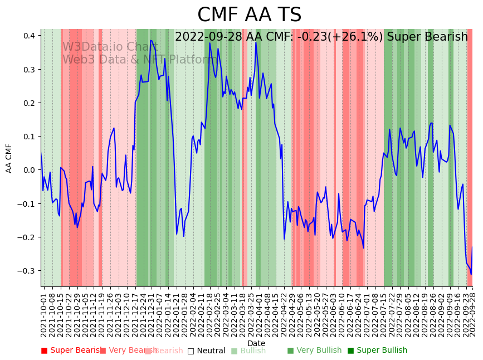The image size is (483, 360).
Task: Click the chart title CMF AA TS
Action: click(249, 15)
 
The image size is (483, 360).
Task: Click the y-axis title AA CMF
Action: click(9, 158)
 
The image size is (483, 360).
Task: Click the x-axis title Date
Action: click(256, 343)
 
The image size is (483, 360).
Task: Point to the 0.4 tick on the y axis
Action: click(28, 36)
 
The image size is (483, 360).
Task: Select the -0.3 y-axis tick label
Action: click(27, 271)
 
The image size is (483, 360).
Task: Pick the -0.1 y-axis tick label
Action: click(27, 204)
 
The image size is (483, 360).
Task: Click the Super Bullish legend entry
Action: click(382, 351)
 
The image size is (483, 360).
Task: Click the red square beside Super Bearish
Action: click(45, 351)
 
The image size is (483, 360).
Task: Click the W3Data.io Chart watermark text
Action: click(110, 47)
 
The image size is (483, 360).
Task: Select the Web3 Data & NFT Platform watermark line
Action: click(139, 60)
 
